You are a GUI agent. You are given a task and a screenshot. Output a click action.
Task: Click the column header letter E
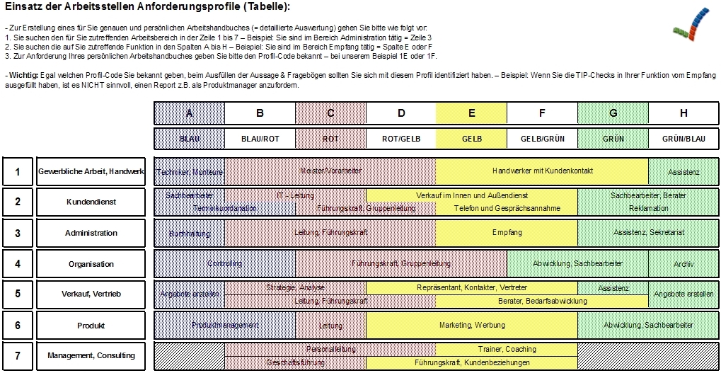click(x=472, y=113)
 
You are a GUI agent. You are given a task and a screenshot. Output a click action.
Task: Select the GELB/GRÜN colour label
click(x=542, y=139)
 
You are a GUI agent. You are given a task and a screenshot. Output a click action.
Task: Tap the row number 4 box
click(x=18, y=264)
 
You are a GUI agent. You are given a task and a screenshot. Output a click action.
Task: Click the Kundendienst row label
click(x=91, y=202)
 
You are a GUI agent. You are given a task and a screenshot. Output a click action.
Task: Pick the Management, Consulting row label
click(x=91, y=355)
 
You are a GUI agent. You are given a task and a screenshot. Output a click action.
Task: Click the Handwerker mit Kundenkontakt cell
click(x=542, y=171)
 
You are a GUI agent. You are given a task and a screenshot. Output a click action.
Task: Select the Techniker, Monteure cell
click(x=190, y=172)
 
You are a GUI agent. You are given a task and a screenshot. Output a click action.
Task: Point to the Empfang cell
click(x=507, y=232)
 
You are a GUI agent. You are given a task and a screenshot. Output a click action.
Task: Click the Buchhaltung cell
click(x=190, y=233)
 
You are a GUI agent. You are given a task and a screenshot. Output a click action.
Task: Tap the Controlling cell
click(x=224, y=264)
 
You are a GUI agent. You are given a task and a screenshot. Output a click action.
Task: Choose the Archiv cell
click(x=683, y=264)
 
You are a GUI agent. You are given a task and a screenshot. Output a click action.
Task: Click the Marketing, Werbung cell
click(x=472, y=326)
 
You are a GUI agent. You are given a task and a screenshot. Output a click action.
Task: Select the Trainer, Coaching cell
click(x=507, y=349)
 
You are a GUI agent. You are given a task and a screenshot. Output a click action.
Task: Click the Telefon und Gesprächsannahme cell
click(x=507, y=209)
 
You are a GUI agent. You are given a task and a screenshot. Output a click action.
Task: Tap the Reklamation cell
click(x=648, y=209)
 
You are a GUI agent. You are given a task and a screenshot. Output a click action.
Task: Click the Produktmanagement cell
click(x=224, y=326)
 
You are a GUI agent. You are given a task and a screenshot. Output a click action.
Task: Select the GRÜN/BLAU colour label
click(x=683, y=139)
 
